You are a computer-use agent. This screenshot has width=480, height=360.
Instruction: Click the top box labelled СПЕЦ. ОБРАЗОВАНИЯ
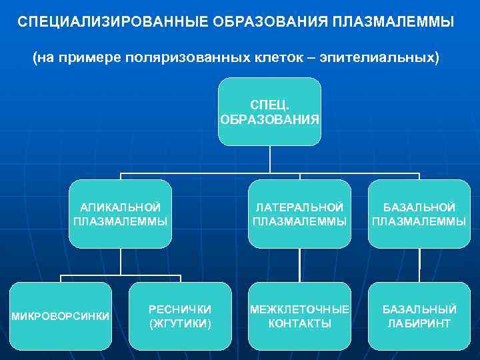[x=269, y=112]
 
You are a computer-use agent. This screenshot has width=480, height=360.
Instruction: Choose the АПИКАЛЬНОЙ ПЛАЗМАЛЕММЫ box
[x=121, y=214]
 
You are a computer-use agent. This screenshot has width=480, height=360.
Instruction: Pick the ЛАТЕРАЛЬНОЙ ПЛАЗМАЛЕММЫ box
[x=299, y=214]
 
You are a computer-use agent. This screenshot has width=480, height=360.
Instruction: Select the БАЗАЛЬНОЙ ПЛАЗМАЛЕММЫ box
[x=419, y=214]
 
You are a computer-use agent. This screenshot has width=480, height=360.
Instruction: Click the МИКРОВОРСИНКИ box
[x=61, y=316]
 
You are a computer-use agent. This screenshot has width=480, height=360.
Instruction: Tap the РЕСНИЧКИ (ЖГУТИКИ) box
[x=180, y=316]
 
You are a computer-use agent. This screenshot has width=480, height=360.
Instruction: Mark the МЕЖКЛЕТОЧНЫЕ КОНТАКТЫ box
[x=299, y=316]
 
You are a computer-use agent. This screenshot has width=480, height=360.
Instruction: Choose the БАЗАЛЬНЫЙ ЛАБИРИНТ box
[x=419, y=316]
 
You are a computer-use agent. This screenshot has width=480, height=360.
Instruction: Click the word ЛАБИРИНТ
[x=419, y=323]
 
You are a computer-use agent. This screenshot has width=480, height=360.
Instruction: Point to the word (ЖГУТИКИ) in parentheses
[x=180, y=323]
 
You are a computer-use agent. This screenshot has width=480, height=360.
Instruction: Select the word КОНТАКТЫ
[x=299, y=323]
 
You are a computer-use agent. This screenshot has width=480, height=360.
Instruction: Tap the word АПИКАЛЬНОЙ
[x=121, y=207]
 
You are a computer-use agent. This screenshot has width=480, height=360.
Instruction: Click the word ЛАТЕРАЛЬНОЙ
[x=299, y=207]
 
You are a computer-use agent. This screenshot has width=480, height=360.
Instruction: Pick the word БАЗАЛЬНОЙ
[x=419, y=207]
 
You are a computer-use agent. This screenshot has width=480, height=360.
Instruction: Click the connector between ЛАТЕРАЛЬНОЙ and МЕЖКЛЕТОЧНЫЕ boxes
[x=299, y=265]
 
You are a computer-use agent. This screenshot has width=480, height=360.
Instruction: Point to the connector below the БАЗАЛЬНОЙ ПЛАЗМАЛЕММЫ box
[x=419, y=265]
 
